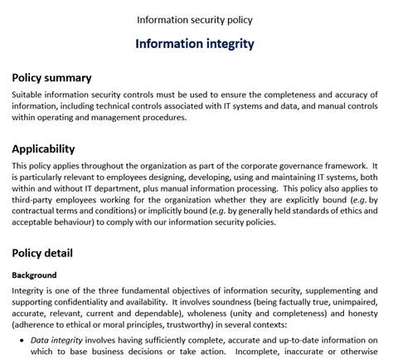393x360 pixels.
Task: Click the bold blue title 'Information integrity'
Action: pyautogui.click(x=196, y=44)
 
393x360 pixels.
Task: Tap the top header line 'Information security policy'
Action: pyautogui.click(x=196, y=18)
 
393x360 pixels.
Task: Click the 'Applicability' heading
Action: pyautogui.click(x=43, y=149)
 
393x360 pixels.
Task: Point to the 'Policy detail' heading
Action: pyautogui.click(x=42, y=252)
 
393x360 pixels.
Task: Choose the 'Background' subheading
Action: pyautogui.click(x=34, y=275)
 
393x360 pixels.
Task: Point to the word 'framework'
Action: pyautogui.click(x=349, y=165)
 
